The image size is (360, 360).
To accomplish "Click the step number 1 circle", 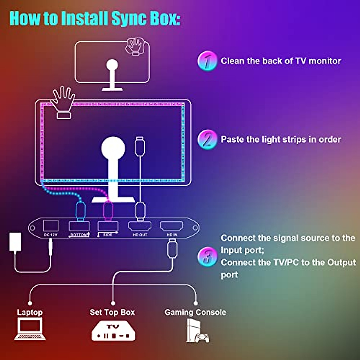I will [x=207, y=61].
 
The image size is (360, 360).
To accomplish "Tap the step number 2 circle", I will [x=207, y=139].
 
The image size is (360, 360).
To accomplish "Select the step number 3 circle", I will [x=207, y=257].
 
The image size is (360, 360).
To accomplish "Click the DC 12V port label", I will [x=50, y=235].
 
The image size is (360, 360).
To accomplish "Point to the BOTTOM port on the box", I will [x=79, y=226].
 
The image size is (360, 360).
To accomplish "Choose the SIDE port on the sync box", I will [x=108, y=226].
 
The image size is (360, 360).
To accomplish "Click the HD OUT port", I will [x=140, y=226].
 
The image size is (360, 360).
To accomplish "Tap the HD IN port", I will [x=172, y=226].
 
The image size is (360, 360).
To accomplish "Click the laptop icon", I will [x=30, y=329].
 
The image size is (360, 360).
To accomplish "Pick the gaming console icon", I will [x=196, y=331].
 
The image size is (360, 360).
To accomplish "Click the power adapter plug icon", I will [x=15, y=242].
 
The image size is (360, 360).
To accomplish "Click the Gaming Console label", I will [x=195, y=312].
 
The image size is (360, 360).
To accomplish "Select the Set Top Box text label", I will [x=112, y=312].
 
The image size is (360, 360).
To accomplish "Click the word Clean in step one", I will [x=232, y=61].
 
